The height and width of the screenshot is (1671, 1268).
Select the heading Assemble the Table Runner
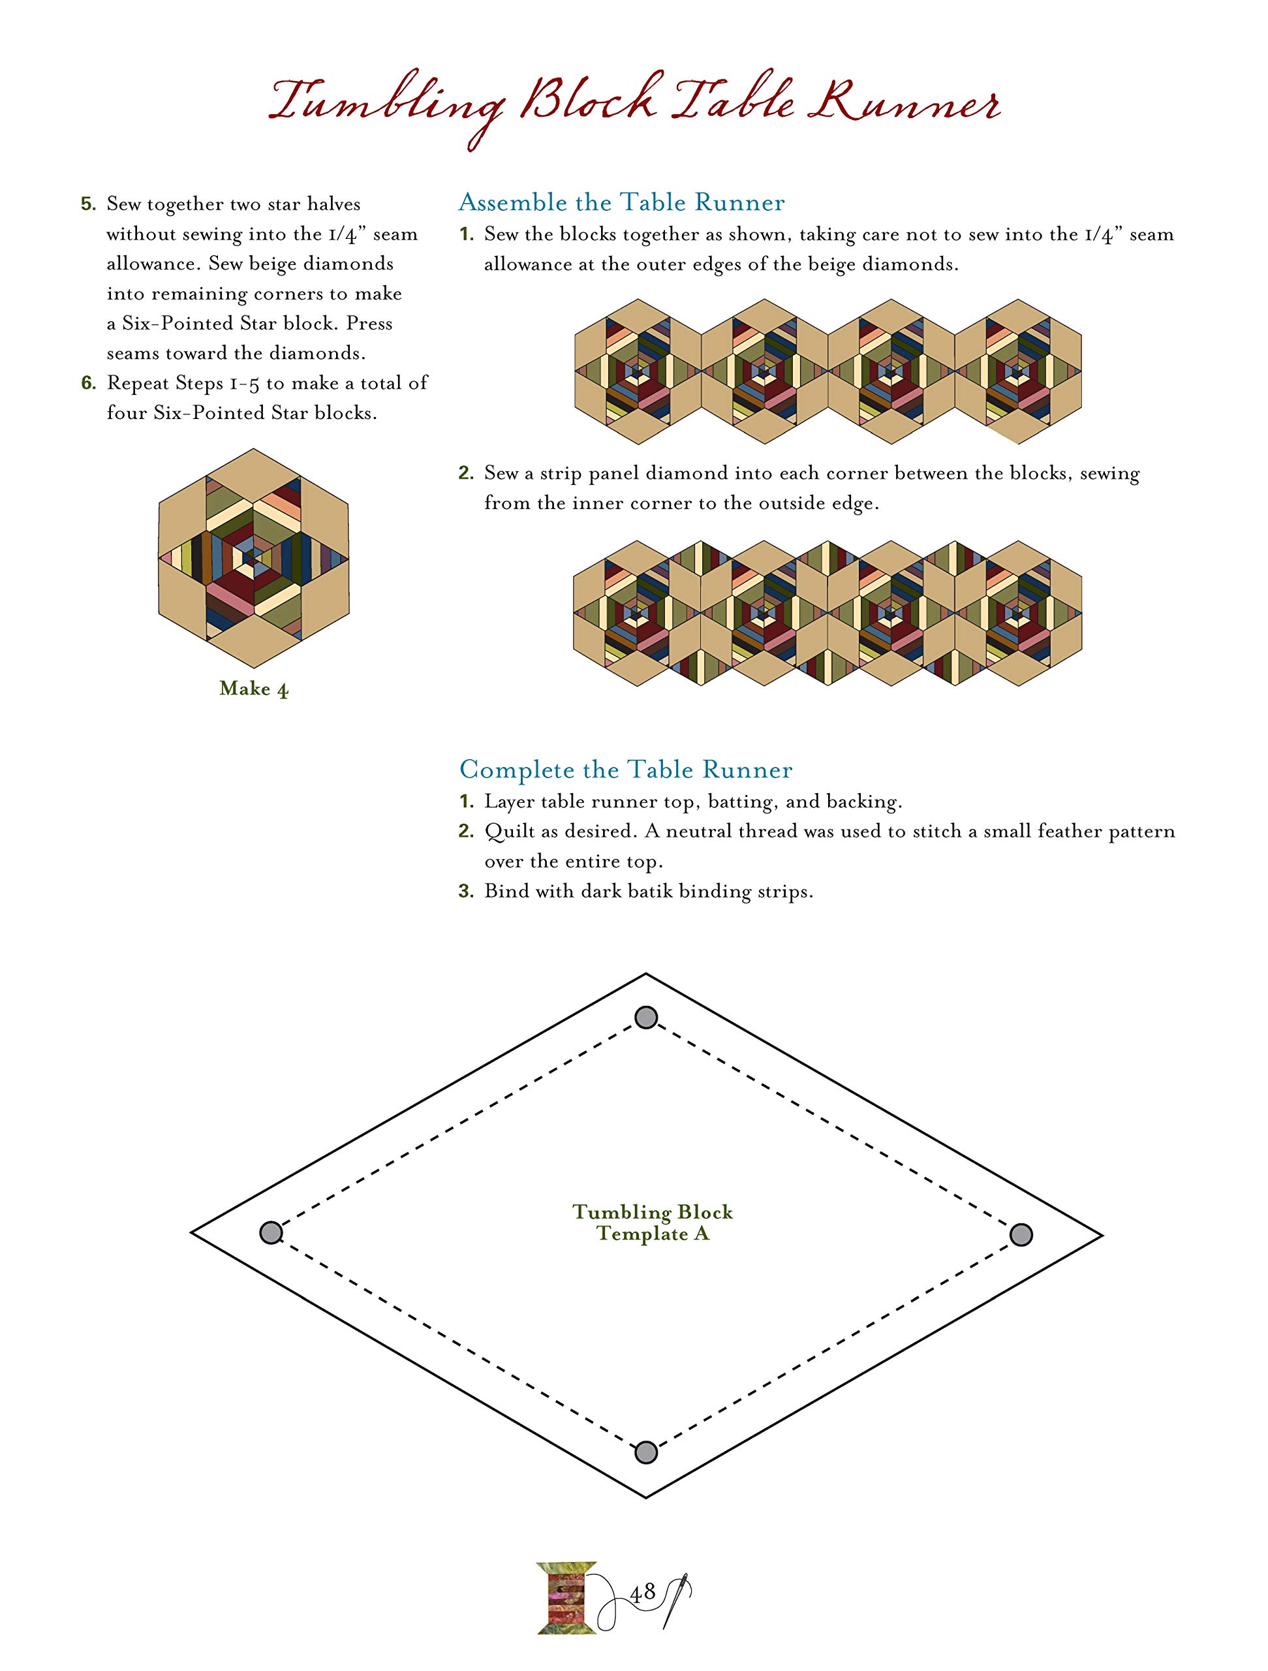click(621, 202)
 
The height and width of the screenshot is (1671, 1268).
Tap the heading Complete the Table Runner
click(625, 770)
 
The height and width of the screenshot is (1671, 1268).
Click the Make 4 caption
click(254, 688)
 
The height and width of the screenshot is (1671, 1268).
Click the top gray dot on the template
click(645, 1018)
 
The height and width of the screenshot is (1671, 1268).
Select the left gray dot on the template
click(270, 1233)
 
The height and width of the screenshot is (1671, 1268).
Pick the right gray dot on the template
click(1020, 1234)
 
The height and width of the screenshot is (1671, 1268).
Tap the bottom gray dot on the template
click(645, 1452)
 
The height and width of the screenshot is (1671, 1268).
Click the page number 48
click(642, 1593)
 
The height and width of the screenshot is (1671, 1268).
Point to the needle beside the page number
click(677, 1599)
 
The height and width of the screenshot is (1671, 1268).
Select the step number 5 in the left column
click(88, 204)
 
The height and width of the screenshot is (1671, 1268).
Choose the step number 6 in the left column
click(88, 383)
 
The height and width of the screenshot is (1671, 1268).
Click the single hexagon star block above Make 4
click(254, 557)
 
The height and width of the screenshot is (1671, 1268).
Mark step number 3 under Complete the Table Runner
click(466, 892)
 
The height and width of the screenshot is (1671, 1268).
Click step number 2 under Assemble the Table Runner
click(466, 474)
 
